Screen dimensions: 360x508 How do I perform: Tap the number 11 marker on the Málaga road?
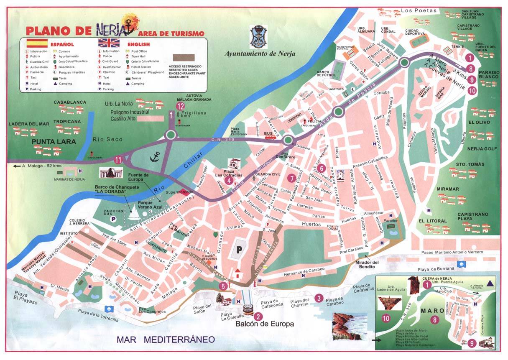click(x=118, y=159)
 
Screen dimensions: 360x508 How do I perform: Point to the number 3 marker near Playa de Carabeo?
click(x=319, y=298)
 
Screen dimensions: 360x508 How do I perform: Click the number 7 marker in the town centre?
click(x=291, y=178)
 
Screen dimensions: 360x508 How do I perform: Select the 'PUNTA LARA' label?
click(x=55, y=142)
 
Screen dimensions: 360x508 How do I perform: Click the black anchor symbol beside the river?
click(x=156, y=156)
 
